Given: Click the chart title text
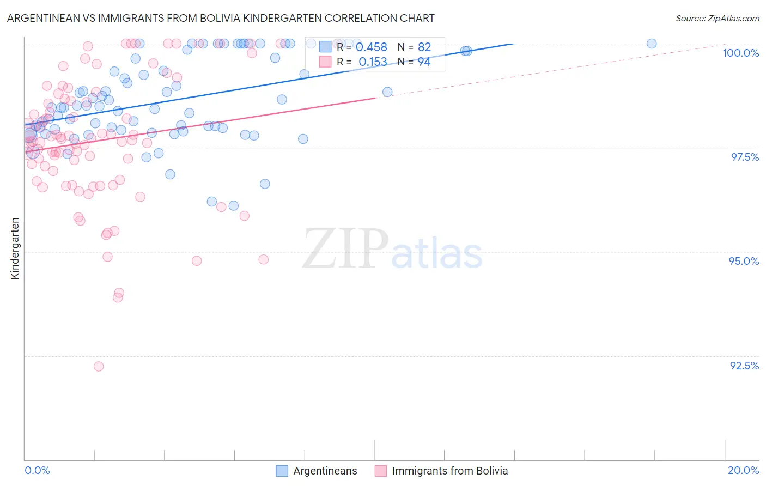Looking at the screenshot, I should coord(221,18).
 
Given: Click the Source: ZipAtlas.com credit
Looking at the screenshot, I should coord(717,18).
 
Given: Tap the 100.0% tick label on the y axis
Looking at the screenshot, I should coord(740,53).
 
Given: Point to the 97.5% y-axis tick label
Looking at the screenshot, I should coord(744,157).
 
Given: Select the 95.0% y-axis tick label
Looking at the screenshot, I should coord(744,261).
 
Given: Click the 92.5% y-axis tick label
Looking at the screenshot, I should coord(744,366).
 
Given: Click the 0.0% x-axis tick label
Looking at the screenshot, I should coord(37,470).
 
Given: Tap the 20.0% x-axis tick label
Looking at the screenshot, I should coord(743,470).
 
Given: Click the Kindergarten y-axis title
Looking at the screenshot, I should coord(15,248).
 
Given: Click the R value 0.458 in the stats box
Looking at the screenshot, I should coord(371,47).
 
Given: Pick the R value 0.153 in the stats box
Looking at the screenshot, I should coord(373,62).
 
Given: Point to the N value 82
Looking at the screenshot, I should coord(424,47).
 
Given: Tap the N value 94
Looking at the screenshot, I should coord(424,62).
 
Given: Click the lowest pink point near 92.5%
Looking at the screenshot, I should coord(99,366).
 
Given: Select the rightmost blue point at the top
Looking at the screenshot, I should coord(652,44).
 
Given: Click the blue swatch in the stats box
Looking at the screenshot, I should coord(325,47).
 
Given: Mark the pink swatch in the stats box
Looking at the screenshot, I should coord(325,62).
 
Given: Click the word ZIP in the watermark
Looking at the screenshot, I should coord(345,248).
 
